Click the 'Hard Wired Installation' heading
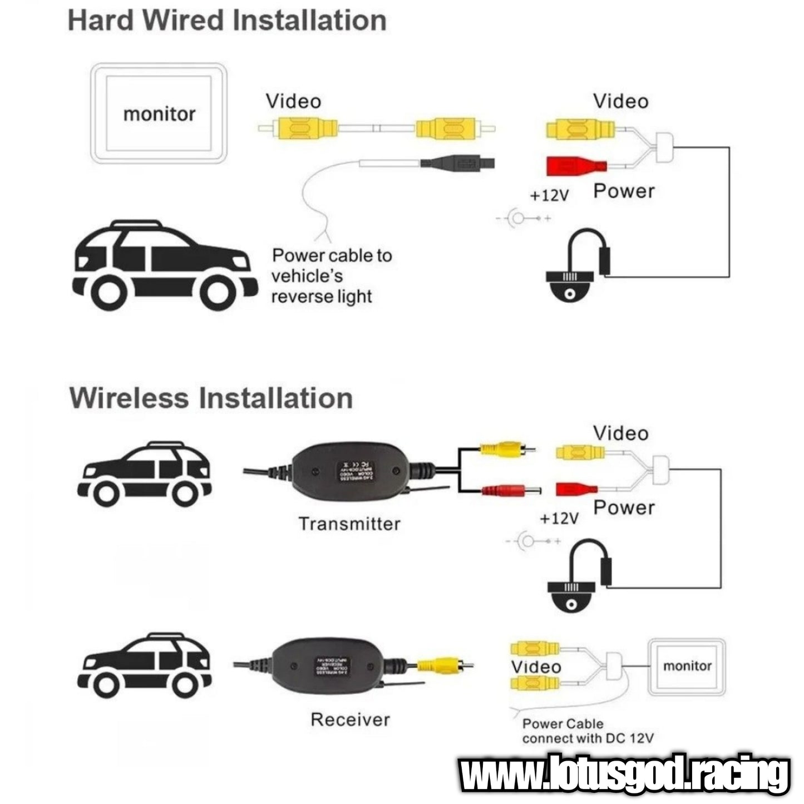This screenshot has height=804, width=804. tap(227, 21)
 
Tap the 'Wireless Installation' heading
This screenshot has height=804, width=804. tap(211, 398)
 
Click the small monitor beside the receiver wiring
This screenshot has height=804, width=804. tap(687, 667)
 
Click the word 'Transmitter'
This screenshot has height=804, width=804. tap(349, 524)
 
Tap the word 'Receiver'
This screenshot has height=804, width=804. tap(350, 719)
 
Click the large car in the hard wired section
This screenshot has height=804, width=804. tap(165, 265)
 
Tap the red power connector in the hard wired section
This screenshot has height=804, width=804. tap(576, 166)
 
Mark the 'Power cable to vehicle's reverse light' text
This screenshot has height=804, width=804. tap(332, 276)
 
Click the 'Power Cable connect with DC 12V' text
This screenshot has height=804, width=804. tap(588, 731)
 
